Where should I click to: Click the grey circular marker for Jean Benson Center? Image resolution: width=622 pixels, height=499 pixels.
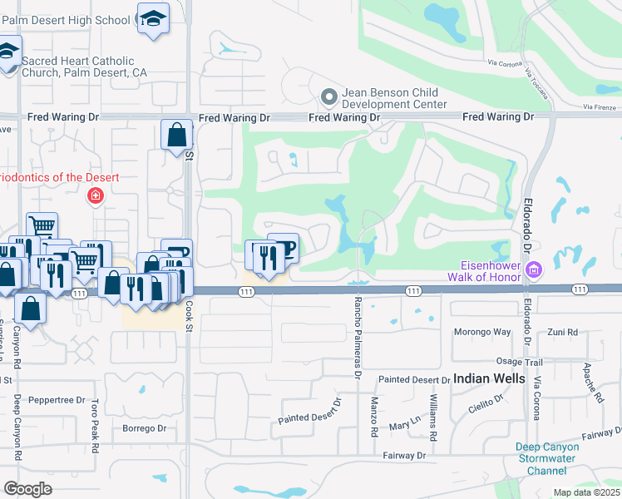coord(328,97)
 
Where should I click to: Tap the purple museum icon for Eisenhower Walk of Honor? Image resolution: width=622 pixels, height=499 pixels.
coord(534,269)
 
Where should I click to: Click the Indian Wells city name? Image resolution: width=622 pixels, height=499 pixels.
coord(489,378)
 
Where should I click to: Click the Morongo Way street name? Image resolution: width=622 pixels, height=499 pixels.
coord(481,333)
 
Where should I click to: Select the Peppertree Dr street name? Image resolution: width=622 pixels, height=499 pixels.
coord(57,400)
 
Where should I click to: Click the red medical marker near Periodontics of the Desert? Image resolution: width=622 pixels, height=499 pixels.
coord(96,196)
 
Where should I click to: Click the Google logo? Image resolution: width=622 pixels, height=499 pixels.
coord(28,489)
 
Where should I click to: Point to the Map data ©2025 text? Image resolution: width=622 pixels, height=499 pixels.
coord(585,492)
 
